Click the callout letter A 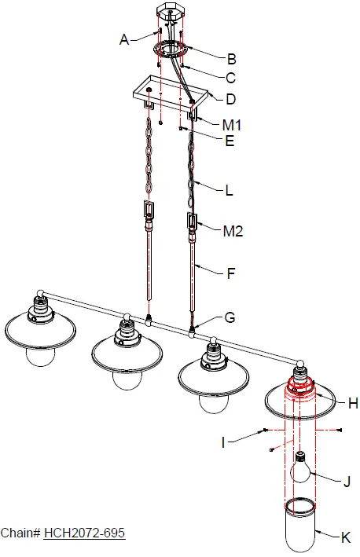124,38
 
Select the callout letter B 232,58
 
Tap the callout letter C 231,78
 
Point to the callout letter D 230,100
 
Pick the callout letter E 230,141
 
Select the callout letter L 230,190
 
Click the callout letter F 230,274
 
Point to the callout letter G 230,318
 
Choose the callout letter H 353,402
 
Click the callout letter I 225,443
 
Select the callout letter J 346,479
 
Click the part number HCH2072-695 84,533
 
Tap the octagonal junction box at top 169,15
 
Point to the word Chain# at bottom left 21,533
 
